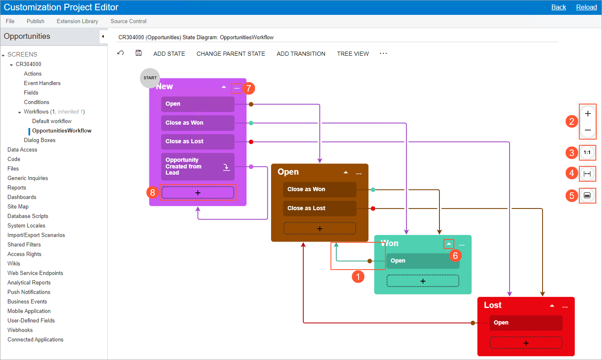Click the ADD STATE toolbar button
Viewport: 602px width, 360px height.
pyautogui.click(x=169, y=54)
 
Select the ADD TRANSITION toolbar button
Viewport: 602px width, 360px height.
pyautogui.click(x=301, y=54)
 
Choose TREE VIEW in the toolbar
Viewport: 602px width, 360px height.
pyautogui.click(x=353, y=54)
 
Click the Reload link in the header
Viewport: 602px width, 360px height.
pyautogui.click(x=586, y=7)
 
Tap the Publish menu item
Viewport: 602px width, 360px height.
pyautogui.click(x=35, y=21)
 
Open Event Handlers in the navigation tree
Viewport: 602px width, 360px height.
pyautogui.click(x=42, y=83)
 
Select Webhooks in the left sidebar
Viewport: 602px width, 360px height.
pyautogui.click(x=20, y=330)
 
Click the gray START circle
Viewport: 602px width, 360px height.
pyautogui.click(x=150, y=78)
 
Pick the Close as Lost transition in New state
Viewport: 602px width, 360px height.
pyautogui.click(x=198, y=142)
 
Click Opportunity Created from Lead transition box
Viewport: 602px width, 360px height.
pyautogui.click(x=198, y=166)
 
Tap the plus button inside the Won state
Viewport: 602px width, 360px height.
pyautogui.click(x=423, y=281)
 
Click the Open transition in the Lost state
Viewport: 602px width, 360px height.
pyautogui.click(x=526, y=322)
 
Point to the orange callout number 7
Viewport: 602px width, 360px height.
pyautogui.click(x=248, y=88)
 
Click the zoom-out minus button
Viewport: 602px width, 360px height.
pyautogui.click(x=588, y=130)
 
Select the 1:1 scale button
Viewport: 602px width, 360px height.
pyautogui.click(x=587, y=152)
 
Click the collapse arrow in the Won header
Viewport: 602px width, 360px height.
pyautogui.click(x=449, y=244)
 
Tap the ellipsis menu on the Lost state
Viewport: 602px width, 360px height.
pyautogui.click(x=565, y=306)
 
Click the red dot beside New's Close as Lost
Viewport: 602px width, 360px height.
pyautogui.click(x=251, y=142)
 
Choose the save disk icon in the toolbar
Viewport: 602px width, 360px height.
pyautogui.click(x=138, y=53)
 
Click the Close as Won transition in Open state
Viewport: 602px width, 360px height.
pyautogui.click(x=319, y=189)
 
